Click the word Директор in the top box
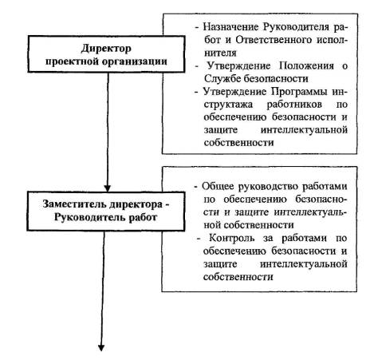[x=106, y=49]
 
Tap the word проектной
[x=73, y=61]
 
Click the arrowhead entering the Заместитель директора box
[x=107, y=188]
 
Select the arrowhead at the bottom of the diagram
[x=101, y=348]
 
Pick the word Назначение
[x=230, y=27]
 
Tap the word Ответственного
[x=274, y=40]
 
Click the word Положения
[x=306, y=66]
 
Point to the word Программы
[x=299, y=92]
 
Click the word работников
[x=294, y=105]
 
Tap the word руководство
[x=269, y=187]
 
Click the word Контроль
[x=232, y=238]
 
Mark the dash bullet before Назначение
[x=197, y=28]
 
